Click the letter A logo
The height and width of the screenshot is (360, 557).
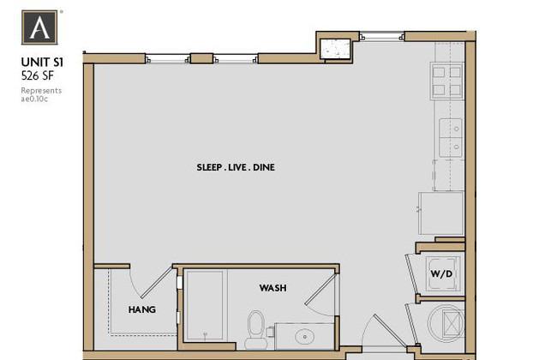pos(39,27)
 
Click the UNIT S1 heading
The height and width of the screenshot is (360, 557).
pos(42,63)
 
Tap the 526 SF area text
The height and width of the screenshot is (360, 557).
pos(38,75)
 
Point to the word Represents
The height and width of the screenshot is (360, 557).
pos(41,91)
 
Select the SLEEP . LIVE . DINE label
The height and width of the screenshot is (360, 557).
pos(236,167)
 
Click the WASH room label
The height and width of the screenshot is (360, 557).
pos(273,288)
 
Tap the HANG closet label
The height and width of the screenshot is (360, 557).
pos(142,310)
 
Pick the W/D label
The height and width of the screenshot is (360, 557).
pos(441,274)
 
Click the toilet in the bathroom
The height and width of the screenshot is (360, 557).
pos(255,329)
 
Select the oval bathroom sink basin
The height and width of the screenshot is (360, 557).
pos(305,336)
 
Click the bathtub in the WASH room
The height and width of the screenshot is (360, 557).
pos(205,305)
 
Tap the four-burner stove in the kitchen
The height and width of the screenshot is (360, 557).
pos(446,81)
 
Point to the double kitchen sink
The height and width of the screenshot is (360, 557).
pos(451,138)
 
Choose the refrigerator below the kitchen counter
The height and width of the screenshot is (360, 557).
pos(441,213)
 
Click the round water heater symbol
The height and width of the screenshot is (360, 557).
pos(446,323)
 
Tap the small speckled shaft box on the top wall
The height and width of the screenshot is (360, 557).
pos(335,48)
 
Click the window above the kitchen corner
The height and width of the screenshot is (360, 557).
pos(382,36)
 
